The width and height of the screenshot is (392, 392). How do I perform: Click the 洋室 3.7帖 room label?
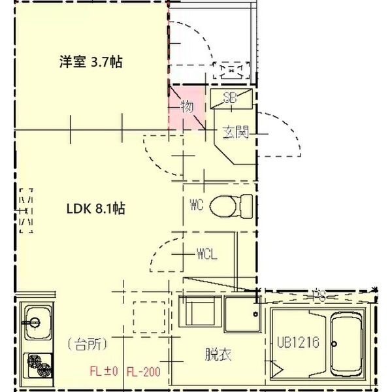(x=91, y=63)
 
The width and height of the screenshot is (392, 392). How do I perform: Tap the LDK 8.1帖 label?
(x=95, y=209)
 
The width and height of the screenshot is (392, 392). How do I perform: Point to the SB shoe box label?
(x=230, y=99)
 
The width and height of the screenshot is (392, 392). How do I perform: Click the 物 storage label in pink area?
(x=187, y=106)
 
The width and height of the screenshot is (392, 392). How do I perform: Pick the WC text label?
(x=197, y=205)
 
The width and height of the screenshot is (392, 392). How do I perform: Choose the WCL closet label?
(x=206, y=253)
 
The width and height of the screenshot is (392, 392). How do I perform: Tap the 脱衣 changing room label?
(x=218, y=355)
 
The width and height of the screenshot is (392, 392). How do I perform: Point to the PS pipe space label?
(x=319, y=295)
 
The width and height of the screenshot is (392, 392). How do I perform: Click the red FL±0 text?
(x=103, y=372)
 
